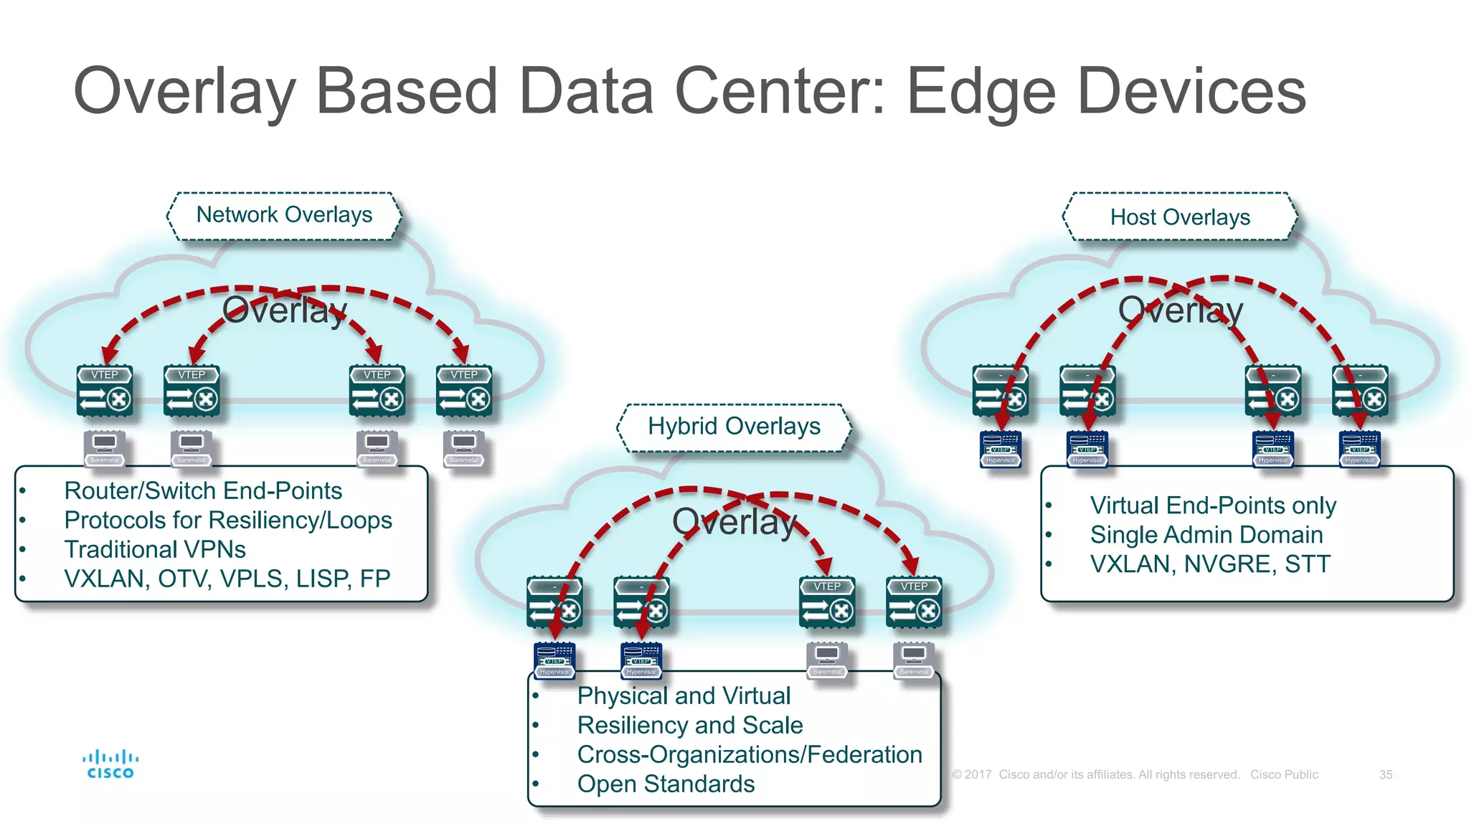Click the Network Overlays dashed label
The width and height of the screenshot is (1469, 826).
pyautogui.click(x=284, y=215)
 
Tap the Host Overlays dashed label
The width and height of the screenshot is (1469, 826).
pyautogui.click(x=1180, y=217)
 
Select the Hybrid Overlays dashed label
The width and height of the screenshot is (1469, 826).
pyautogui.click(x=734, y=427)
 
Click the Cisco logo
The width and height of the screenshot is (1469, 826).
pyautogui.click(x=110, y=764)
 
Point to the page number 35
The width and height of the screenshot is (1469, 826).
pyautogui.click(x=1385, y=775)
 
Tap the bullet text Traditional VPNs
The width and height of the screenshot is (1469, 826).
pyautogui.click(x=155, y=550)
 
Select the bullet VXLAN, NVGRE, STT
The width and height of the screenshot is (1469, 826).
pyautogui.click(x=1209, y=564)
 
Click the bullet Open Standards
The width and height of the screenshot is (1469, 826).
pyautogui.click(x=666, y=784)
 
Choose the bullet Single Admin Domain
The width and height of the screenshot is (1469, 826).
pyautogui.click(x=1206, y=535)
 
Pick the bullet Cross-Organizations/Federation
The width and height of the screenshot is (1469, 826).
pyautogui.click(x=749, y=755)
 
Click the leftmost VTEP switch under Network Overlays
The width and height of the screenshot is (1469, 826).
pyautogui.click(x=105, y=391)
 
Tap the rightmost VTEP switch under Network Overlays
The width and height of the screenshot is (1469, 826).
pyautogui.click(x=464, y=391)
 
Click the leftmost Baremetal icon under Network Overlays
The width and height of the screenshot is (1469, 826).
pyautogui.click(x=105, y=448)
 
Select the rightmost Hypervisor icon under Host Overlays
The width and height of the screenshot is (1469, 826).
pyautogui.click(x=1360, y=449)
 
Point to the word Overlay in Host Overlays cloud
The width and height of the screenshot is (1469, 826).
pyautogui.click(x=1180, y=310)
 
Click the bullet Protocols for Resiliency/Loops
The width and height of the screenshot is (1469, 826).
pyautogui.click(x=227, y=521)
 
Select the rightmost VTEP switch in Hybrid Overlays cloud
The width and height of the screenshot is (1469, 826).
pyautogui.click(x=914, y=603)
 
